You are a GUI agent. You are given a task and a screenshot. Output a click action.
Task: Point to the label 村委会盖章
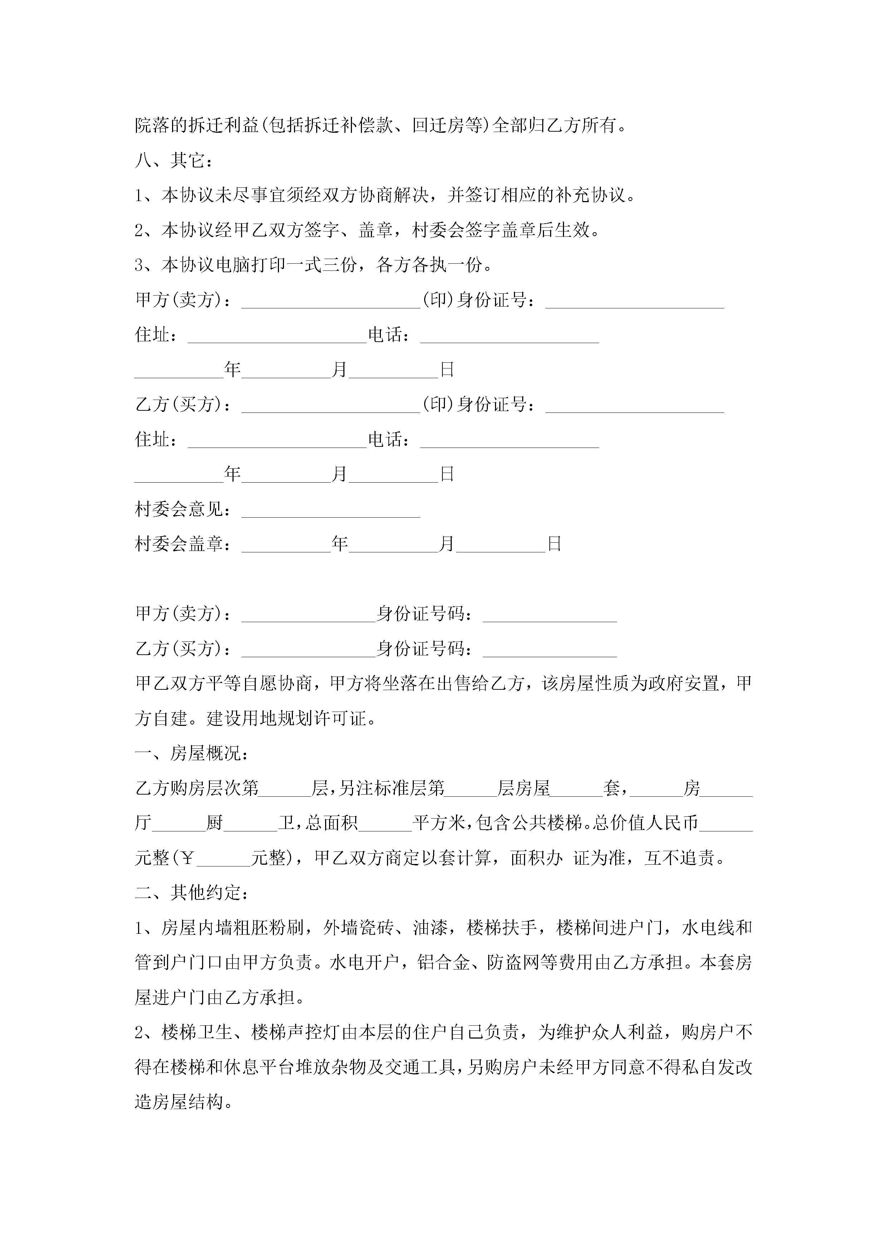(x=179, y=544)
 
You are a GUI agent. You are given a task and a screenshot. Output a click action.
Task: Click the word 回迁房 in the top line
(x=438, y=126)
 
